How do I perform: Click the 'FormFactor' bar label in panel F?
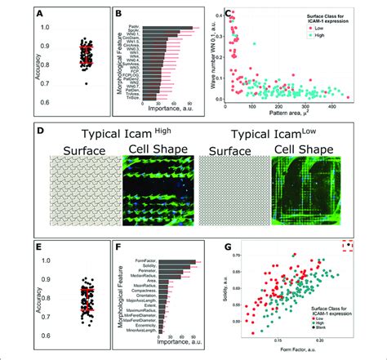(140, 262)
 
